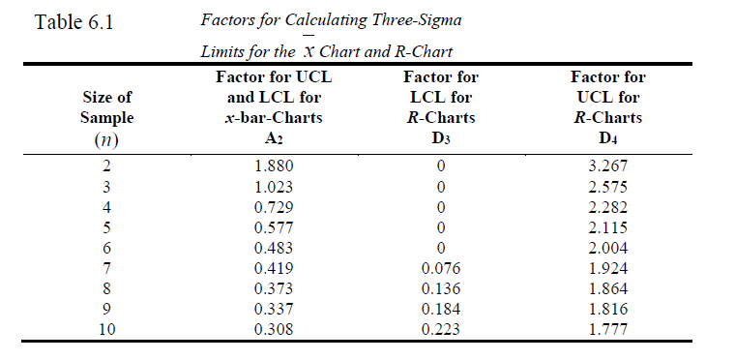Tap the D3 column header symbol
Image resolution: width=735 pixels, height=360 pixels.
click(441, 137)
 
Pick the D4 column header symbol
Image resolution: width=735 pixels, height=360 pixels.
click(607, 137)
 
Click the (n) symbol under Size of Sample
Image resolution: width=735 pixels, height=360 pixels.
click(107, 138)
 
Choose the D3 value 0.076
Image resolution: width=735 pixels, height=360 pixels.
click(440, 268)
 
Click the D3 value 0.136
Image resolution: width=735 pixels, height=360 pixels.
click(440, 288)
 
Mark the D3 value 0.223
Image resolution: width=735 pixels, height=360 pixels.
click(440, 329)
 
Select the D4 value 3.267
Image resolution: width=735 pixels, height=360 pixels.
click(607, 165)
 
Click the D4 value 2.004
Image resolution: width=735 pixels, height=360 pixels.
click(607, 248)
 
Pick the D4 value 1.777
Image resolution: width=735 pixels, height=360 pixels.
click(607, 329)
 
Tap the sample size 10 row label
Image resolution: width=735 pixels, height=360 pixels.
click(107, 329)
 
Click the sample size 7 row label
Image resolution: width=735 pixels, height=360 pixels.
click(107, 268)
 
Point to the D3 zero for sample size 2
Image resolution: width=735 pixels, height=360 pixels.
click(440, 165)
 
